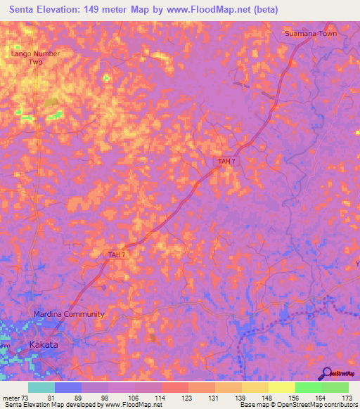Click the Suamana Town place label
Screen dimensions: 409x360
click(x=310, y=33)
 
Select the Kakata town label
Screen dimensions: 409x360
click(x=44, y=345)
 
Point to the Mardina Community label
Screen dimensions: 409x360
click(x=69, y=314)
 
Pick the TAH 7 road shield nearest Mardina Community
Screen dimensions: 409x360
click(x=117, y=254)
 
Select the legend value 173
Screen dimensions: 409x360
click(x=347, y=398)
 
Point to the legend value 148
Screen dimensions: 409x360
click(x=267, y=398)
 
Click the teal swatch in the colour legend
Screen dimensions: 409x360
click(x=41, y=387)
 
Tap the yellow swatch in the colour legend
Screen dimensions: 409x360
click(x=282, y=387)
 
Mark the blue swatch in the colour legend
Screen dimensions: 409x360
click(x=68, y=387)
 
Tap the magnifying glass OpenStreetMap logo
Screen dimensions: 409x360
click(x=326, y=373)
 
